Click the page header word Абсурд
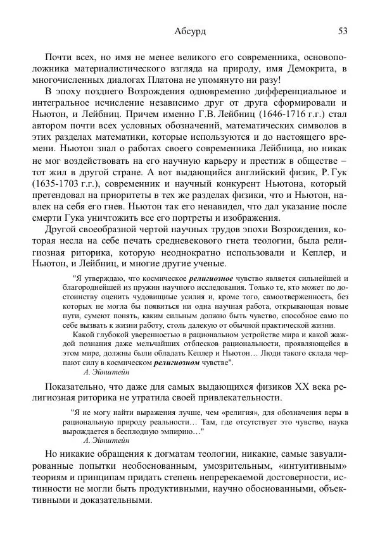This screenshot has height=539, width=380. point(189,31)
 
